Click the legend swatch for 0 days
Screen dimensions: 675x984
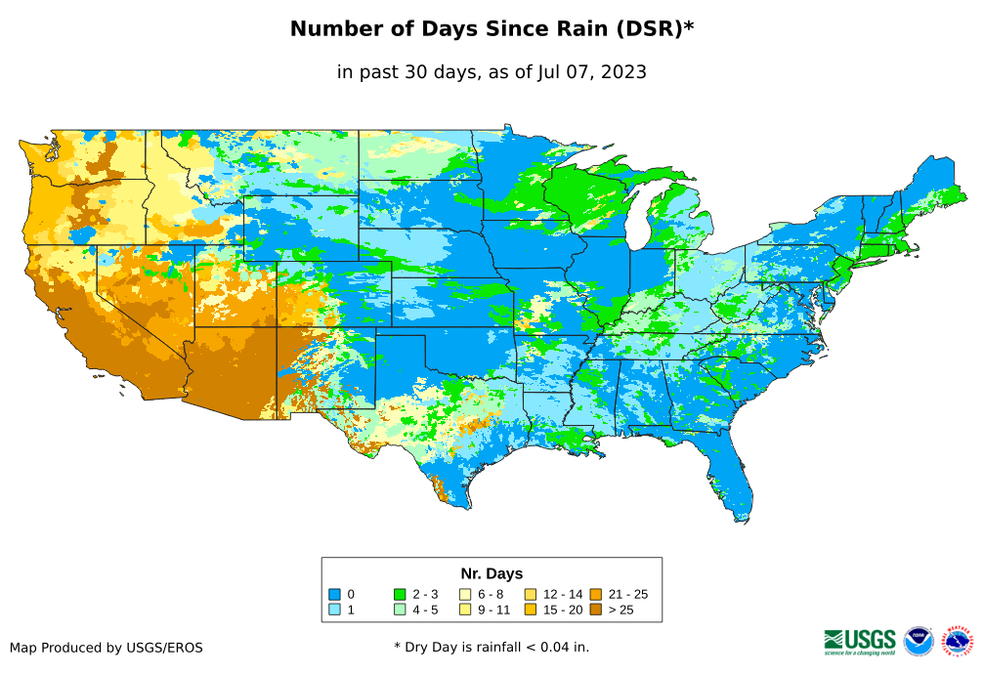click(x=334, y=594)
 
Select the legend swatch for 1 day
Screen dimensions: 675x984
click(x=334, y=610)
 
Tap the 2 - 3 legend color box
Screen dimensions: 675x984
click(x=399, y=594)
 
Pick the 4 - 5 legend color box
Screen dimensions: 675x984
click(x=399, y=610)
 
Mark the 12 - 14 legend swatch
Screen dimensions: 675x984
click(x=530, y=594)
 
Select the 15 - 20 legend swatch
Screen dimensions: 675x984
click(x=530, y=610)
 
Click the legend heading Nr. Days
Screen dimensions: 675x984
click(x=492, y=573)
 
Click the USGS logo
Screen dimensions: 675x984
click(x=860, y=641)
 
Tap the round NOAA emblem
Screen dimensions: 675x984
click(x=919, y=641)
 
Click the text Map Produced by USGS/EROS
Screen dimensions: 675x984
click(x=107, y=648)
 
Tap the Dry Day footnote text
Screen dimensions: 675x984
click(x=492, y=647)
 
